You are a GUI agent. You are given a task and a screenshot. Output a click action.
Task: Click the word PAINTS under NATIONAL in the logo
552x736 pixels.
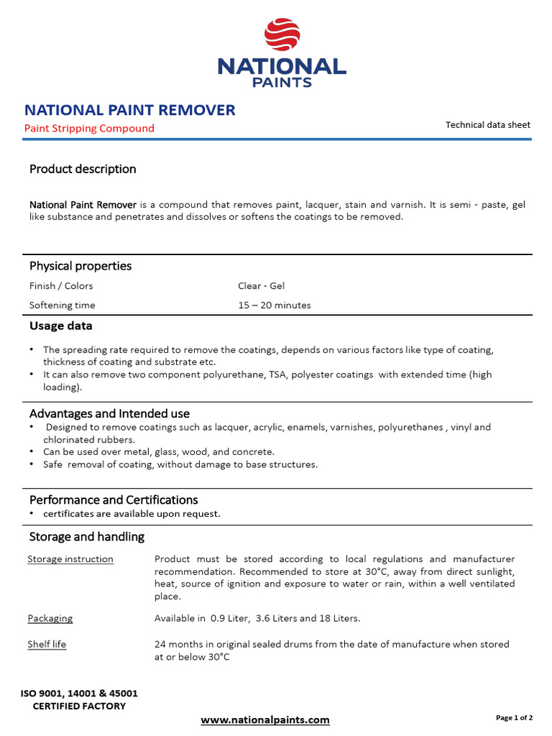coord(282,82)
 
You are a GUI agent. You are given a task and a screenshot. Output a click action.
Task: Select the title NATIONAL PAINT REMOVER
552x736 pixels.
coord(129,110)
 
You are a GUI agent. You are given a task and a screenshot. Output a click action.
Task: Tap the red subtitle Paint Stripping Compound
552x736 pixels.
coord(89,128)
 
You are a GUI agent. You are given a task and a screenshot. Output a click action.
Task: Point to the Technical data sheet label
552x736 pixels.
coord(487,124)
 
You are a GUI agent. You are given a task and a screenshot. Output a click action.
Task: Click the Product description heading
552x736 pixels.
coord(83,169)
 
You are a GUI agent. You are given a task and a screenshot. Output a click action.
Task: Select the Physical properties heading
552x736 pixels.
coord(80,266)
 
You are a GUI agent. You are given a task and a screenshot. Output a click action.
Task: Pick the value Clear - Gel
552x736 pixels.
coord(261,285)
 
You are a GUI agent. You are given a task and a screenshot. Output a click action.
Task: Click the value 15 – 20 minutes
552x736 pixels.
coord(275,305)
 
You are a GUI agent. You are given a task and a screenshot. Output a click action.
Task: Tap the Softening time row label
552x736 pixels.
coord(62,305)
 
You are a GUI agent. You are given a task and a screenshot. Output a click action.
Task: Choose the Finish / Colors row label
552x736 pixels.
coord(61,285)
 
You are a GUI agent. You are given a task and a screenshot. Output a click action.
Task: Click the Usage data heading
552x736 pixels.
coord(60,326)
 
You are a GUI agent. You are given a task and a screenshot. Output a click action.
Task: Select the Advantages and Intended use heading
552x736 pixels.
coord(109,413)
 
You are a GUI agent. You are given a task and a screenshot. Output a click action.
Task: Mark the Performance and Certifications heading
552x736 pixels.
coord(114,500)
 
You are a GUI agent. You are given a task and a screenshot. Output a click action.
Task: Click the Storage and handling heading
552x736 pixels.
coord(87,537)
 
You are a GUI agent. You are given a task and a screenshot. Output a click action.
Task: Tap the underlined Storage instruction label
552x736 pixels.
coord(70,559)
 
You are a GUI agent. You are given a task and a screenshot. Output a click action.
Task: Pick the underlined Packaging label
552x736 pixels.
coord(50,618)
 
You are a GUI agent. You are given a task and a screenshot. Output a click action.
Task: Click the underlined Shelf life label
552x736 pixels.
coord(47,644)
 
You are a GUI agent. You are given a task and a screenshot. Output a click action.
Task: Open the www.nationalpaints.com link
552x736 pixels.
coord(265,719)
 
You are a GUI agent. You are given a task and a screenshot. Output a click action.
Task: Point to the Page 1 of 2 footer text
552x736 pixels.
coord(514,717)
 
